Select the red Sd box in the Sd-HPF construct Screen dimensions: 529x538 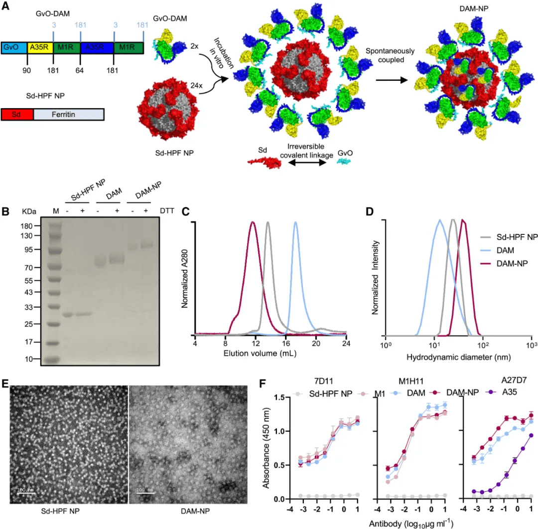(x=17, y=114)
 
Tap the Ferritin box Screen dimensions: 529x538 (x=68, y=114)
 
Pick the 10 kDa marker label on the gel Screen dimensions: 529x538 (x=29, y=359)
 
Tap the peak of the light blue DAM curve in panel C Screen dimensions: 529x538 (x=295, y=223)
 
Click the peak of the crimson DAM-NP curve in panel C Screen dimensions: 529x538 (x=253, y=222)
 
